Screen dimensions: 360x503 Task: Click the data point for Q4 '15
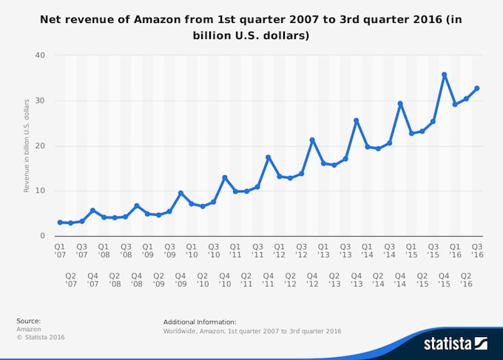444,75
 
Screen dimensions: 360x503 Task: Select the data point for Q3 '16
477,88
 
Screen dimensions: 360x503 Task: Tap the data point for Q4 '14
400,103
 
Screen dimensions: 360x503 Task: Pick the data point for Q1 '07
60,223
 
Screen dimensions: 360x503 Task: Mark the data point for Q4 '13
357,120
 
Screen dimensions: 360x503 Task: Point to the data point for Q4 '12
312,140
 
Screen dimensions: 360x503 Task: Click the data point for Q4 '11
269,157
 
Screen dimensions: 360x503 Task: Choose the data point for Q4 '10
224,177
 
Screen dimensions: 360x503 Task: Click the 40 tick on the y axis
40,55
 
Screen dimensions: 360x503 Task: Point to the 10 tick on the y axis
40,191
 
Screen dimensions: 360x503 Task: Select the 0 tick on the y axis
42,236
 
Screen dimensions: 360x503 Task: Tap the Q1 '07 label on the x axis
60,251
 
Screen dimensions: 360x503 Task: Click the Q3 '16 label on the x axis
477,251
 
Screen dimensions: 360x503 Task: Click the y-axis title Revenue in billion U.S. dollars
27,146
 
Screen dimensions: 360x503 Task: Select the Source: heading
28,321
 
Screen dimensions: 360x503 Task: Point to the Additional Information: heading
200,322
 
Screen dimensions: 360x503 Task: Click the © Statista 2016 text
41,337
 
